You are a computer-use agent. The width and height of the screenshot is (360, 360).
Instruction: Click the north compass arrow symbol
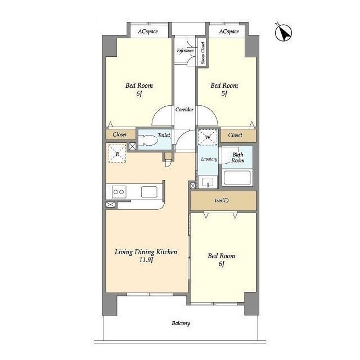[x=283, y=32]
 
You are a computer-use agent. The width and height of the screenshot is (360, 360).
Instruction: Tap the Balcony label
[x=181, y=323]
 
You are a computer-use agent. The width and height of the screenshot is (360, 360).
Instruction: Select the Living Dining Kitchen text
[x=146, y=252]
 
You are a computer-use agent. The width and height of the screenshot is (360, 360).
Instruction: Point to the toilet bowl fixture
[x=146, y=140]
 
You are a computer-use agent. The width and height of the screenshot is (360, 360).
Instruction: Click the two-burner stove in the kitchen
[x=119, y=192]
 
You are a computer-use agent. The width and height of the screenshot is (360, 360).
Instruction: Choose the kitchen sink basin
[x=149, y=192]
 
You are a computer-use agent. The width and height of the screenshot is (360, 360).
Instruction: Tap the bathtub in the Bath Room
[x=237, y=178]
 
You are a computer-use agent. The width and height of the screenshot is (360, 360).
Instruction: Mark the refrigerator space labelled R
[x=118, y=154]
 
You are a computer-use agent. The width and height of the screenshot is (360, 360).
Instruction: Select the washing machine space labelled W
[x=208, y=137]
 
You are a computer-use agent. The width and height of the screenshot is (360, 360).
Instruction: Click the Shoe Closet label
[x=203, y=53]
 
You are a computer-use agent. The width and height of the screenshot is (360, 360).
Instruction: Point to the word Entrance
[x=185, y=51]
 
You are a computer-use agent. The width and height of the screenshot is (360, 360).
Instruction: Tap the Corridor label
[x=184, y=110]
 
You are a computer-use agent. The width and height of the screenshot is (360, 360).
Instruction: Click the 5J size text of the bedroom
[x=224, y=93]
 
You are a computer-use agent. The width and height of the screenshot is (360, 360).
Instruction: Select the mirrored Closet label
[x=222, y=200]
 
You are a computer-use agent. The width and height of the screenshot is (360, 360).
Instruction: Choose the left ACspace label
[x=148, y=31]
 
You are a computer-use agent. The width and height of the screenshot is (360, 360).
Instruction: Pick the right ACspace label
[x=229, y=31]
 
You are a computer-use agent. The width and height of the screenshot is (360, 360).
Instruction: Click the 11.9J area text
[x=146, y=260]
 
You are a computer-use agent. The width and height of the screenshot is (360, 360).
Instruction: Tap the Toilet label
[x=164, y=135]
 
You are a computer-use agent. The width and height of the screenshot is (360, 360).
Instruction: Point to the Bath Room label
[x=238, y=157]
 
